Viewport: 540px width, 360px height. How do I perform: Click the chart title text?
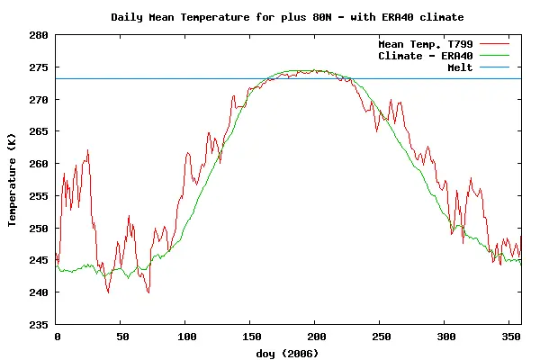pos(287,17)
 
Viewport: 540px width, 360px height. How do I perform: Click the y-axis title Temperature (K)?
pos(13,181)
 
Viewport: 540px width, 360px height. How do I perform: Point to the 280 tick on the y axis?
pos(40,35)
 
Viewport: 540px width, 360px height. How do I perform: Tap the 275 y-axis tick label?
pos(40,67)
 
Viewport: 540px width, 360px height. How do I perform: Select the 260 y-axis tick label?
pos(40,164)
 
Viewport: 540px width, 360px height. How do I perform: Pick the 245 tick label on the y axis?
pos(40,260)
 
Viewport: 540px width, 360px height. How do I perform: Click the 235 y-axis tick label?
pos(40,324)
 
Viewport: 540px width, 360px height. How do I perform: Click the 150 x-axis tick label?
pos(249,336)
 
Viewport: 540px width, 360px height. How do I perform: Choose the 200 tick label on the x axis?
pos(314,336)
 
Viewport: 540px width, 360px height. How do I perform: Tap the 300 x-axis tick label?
pos(444,336)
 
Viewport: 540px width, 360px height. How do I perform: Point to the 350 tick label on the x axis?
pos(508,336)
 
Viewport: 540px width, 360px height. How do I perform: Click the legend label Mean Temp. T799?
pos(426,43)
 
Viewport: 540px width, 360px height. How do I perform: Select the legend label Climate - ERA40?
pos(426,56)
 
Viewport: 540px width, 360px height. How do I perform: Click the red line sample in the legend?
pos(495,43)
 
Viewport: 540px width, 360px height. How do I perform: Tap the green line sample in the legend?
pos(495,56)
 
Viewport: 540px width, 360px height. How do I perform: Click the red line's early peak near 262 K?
pos(87,150)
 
